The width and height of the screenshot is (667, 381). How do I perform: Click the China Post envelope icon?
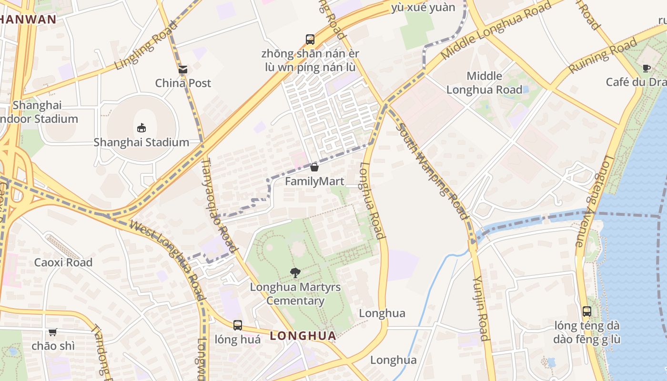tap(183, 70)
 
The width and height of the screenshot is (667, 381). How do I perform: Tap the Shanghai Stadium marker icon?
tap(141, 128)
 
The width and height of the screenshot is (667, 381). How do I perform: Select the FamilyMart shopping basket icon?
tap(314, 167)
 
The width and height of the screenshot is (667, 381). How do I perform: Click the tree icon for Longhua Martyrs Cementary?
tap(295, 273)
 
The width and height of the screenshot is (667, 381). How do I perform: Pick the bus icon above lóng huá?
tap(238, 325)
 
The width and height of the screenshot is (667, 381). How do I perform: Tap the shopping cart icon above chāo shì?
tap(53, 332)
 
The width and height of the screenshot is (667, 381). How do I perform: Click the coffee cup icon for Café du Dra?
tap(647, 68)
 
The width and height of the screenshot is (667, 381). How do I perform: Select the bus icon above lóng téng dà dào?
tap(587, 311)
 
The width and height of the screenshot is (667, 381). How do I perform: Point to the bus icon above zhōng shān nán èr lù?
tap(310, 39)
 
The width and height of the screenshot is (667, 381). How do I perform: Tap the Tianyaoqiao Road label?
tap(219, 205)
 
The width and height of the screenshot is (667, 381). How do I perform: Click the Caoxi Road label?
tap(63, 262)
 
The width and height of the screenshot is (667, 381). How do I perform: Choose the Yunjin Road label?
tap(481, 308)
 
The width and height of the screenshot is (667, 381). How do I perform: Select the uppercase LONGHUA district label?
tap(303, 336)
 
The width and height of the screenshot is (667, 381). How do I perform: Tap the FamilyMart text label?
tap(314, 181)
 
